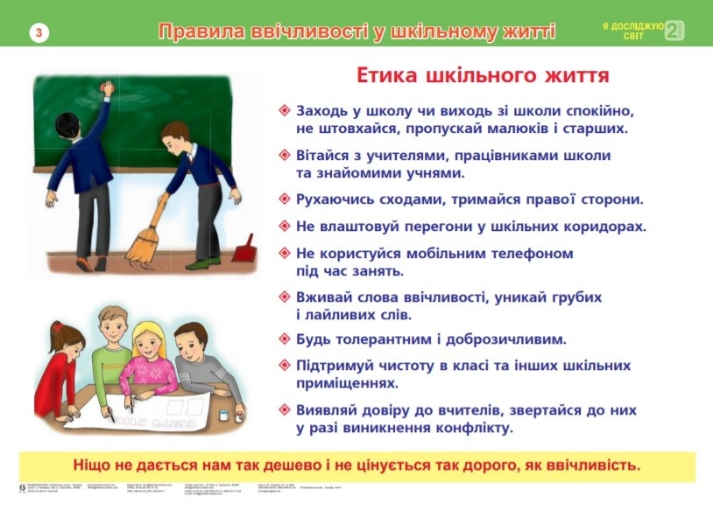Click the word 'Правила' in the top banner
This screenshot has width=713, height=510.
pos(197,32)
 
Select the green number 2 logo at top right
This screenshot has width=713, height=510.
pos(674,31)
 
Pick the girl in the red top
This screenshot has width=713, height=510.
pos(61,367)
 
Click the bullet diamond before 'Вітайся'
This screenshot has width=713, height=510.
pos(284,155)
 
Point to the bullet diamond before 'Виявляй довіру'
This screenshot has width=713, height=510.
pos(284,409)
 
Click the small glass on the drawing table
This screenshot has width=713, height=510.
pos(223,413)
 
